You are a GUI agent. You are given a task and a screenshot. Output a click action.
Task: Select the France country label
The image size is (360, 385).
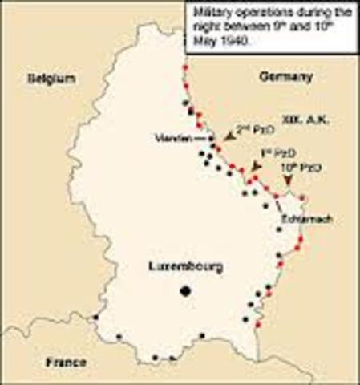(65, 362)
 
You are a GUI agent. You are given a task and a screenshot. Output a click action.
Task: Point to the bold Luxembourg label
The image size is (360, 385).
(186, 267)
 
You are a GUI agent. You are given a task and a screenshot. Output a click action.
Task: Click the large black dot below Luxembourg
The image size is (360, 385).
(186, 291)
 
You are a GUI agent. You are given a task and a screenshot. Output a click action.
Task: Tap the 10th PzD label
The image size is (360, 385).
(304, 168)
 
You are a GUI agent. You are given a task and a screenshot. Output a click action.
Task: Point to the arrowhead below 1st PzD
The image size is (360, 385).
(255, 166)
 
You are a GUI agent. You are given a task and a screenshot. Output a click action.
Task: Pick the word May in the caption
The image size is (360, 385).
(206, 39)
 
